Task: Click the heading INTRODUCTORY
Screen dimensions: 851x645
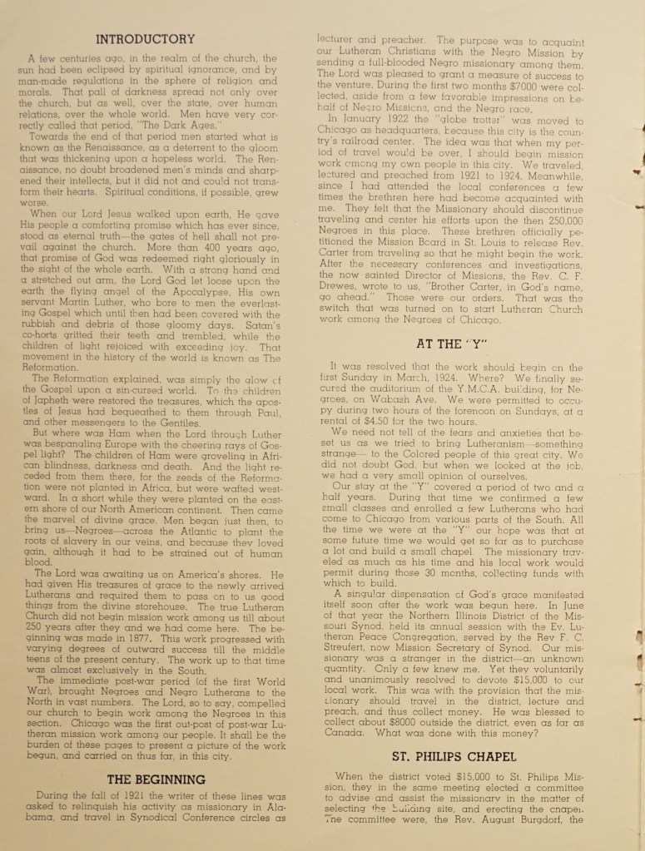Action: (146, 39)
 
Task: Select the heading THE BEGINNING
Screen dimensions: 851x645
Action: (156, 779)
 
